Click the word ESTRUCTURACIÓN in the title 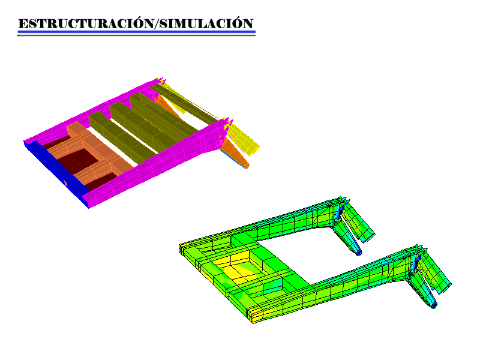click(86, 23)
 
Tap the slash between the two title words click(157, 23)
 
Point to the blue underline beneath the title click(137, 32)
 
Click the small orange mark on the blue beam click(65, 184)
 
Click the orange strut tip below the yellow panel click(247, 166)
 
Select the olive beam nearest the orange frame click(122, 138)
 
